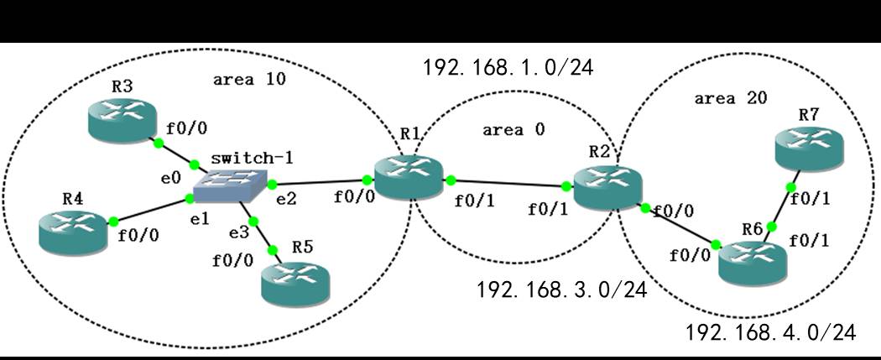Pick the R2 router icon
[607, 185]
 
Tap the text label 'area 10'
[249, 80]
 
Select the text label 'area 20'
[726, 98]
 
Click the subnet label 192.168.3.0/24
[562, 290]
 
